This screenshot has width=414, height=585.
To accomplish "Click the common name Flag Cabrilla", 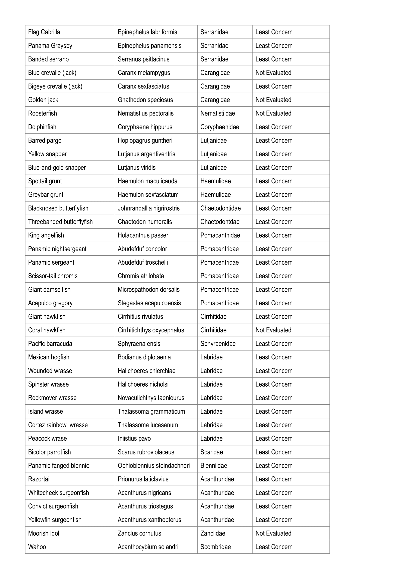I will [44, 32].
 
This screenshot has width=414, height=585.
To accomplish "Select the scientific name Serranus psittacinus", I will [143, 59].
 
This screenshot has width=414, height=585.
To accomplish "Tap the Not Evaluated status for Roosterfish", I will [273, 113].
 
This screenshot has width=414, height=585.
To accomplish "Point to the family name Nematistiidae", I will [217, 113].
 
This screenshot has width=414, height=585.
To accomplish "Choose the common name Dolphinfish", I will [42, 127].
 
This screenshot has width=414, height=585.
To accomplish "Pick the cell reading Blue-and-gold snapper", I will [57, 168].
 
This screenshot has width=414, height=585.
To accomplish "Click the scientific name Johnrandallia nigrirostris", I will [149, 208].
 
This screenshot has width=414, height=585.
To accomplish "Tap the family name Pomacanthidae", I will [220, 235].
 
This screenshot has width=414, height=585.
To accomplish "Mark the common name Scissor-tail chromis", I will [53, 276].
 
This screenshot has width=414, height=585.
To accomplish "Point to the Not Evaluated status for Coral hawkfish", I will [273, 330].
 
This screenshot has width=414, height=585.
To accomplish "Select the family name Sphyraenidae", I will [218, 344].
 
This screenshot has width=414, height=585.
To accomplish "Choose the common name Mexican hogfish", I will [49, 357].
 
